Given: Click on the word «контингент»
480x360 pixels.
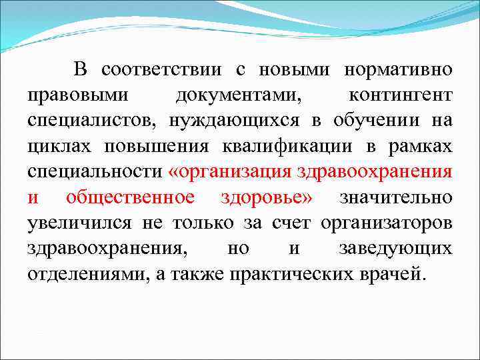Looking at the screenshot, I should pos(400,95).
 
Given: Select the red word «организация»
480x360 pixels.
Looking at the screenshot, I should pos(230,171).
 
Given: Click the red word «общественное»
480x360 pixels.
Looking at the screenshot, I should pos(130,197).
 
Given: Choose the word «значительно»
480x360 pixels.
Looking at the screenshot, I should pos(396,197).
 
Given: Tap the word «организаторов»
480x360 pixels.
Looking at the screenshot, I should pos(386,223).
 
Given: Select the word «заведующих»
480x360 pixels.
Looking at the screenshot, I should pos(395,249).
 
